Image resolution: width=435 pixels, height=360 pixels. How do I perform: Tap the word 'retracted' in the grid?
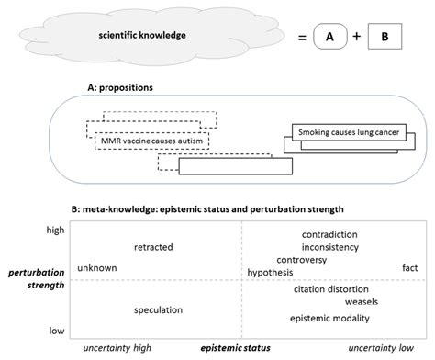(153, 247)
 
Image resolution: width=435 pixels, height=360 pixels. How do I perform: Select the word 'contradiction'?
(329, 235)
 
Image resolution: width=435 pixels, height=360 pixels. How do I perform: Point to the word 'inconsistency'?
(329, 247)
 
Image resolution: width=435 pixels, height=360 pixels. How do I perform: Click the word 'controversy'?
(313, 260)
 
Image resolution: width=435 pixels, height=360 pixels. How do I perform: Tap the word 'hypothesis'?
(270, 272)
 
